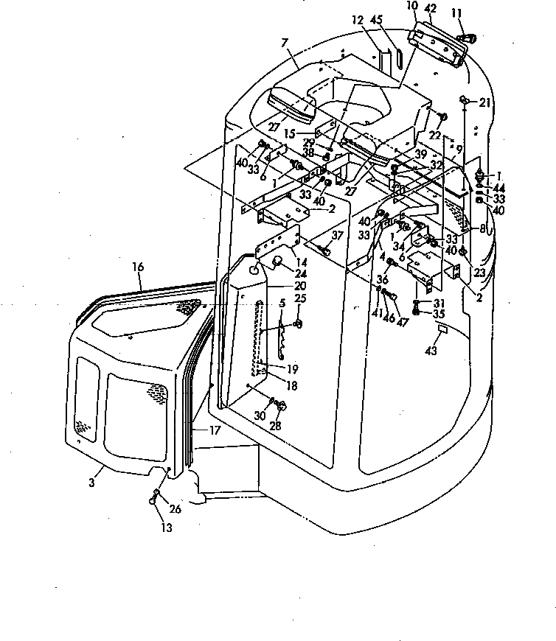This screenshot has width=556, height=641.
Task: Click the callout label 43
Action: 431,351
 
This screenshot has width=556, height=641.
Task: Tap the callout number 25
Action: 300,298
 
